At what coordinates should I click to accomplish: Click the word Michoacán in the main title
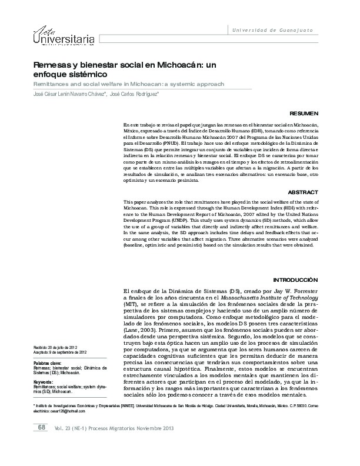[x=168, y=66]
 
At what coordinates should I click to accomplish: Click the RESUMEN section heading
[x=304, y=112]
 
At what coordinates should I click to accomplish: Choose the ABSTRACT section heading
[x=303, y=192]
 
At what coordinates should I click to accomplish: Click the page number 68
[x=41, y=443]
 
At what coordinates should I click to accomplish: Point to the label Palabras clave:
[x=48, y=363]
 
